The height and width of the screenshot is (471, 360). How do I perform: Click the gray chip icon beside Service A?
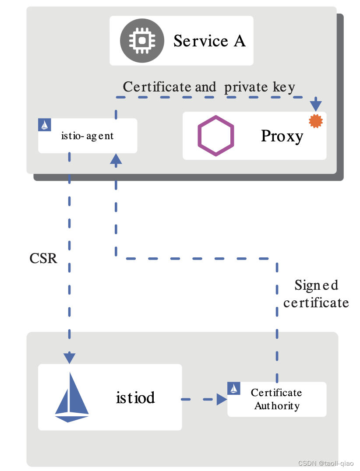coord(142,41)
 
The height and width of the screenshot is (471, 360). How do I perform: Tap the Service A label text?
coord(209,41)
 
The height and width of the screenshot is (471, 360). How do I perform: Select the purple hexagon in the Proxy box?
coord(215,135)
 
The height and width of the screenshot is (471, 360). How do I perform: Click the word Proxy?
coord(282,136)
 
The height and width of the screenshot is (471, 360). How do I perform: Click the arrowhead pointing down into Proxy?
coord(315,106)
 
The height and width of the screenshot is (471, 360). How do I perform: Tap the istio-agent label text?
coord(87,136)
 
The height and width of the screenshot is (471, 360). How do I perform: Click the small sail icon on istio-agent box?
coord(45,125)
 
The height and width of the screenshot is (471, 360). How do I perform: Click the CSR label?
coord(43,258)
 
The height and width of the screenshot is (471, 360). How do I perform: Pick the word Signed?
coord(316,285)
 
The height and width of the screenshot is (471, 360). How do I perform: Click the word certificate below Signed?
coord(316,302)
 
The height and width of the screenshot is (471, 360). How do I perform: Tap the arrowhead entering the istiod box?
coord(70,358)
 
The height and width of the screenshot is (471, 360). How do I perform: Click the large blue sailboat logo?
coord(72,397)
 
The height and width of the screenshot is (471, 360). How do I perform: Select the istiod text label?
coord(135,397)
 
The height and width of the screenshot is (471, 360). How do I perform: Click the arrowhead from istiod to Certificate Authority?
coord(222,399)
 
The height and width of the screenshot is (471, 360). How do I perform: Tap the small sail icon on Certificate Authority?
coord(234,388)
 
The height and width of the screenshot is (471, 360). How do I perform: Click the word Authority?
coord(277,406)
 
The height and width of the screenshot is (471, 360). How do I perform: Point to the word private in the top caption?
coord(245,87)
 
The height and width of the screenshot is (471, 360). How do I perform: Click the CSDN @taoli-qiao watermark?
coord(326,463)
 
